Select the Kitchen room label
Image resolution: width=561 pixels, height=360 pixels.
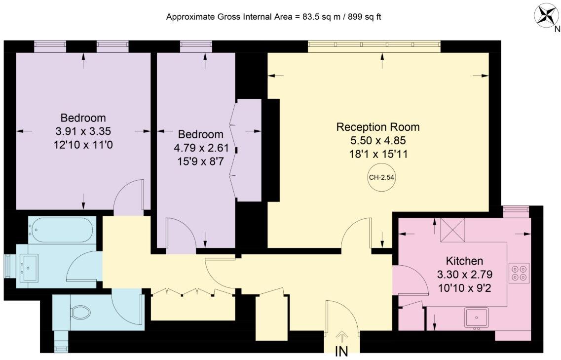464,261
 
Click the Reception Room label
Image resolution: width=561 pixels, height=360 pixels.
378,127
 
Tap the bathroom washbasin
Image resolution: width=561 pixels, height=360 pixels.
28,268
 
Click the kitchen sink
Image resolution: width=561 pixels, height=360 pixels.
477,318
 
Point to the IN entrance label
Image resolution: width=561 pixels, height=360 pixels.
342,352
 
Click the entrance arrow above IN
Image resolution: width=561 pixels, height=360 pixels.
342,337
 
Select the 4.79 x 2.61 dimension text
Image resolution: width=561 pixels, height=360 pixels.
201,148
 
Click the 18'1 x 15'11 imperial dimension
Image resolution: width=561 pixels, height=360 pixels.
378,155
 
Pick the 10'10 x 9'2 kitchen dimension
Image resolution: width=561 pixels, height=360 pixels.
464,287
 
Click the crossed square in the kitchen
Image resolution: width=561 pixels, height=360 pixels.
452,230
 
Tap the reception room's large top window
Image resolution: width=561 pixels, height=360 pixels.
374,44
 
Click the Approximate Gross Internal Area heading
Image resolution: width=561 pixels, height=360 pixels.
274,17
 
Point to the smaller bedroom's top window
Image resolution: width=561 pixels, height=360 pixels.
196,44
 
